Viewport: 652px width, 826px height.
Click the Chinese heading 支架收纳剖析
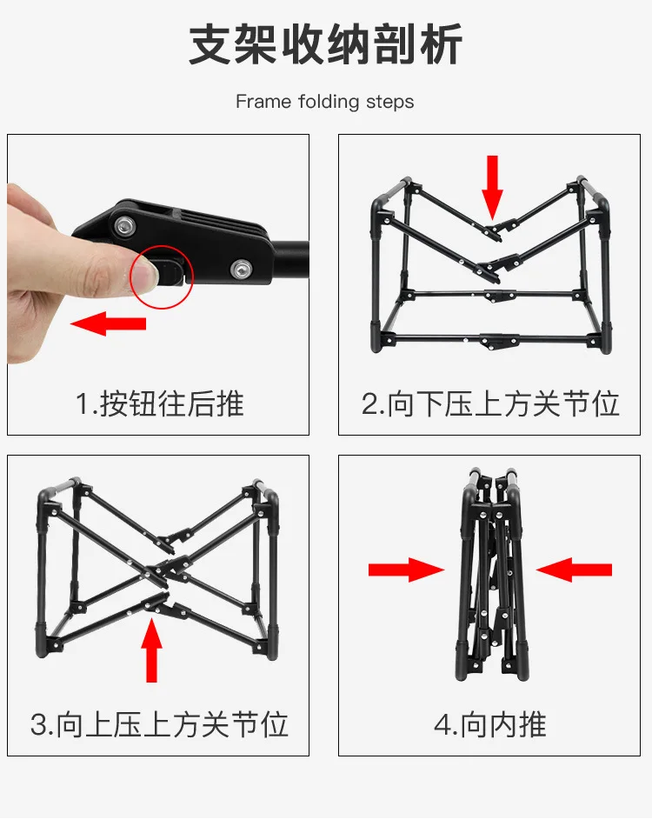[x=325, y=44]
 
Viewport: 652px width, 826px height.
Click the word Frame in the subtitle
[x=263, y=101]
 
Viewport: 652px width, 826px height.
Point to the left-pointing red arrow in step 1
[x=108, y=323]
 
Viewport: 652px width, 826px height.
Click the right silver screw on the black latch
[x=240, y=270]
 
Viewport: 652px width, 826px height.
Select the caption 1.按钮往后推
[x=160, y=404]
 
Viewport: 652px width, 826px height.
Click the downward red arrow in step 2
[x=492, y=188]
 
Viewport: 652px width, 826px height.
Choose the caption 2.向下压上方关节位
[x=489, y=404]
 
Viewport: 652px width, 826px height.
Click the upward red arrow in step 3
[x=151, y=650]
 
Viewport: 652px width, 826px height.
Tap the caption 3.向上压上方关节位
[x=159, y=724]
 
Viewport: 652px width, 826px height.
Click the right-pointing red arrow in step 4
[x=406, y=570]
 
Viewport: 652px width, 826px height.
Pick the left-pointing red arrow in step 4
[x=574, y=570]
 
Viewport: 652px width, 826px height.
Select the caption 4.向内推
[x=489, y=724]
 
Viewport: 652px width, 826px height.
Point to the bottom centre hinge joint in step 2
[x=497, y=342]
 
